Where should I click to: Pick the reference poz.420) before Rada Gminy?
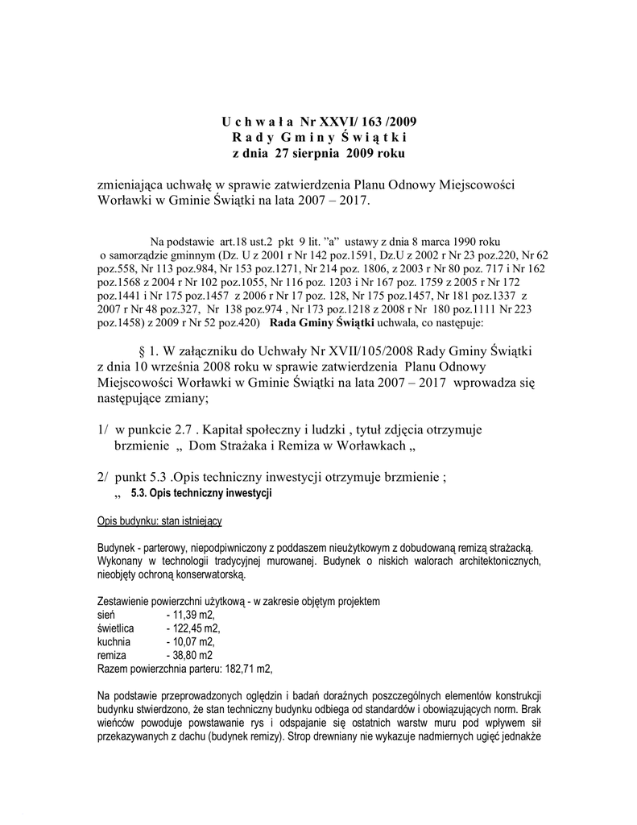coord(237,323)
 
